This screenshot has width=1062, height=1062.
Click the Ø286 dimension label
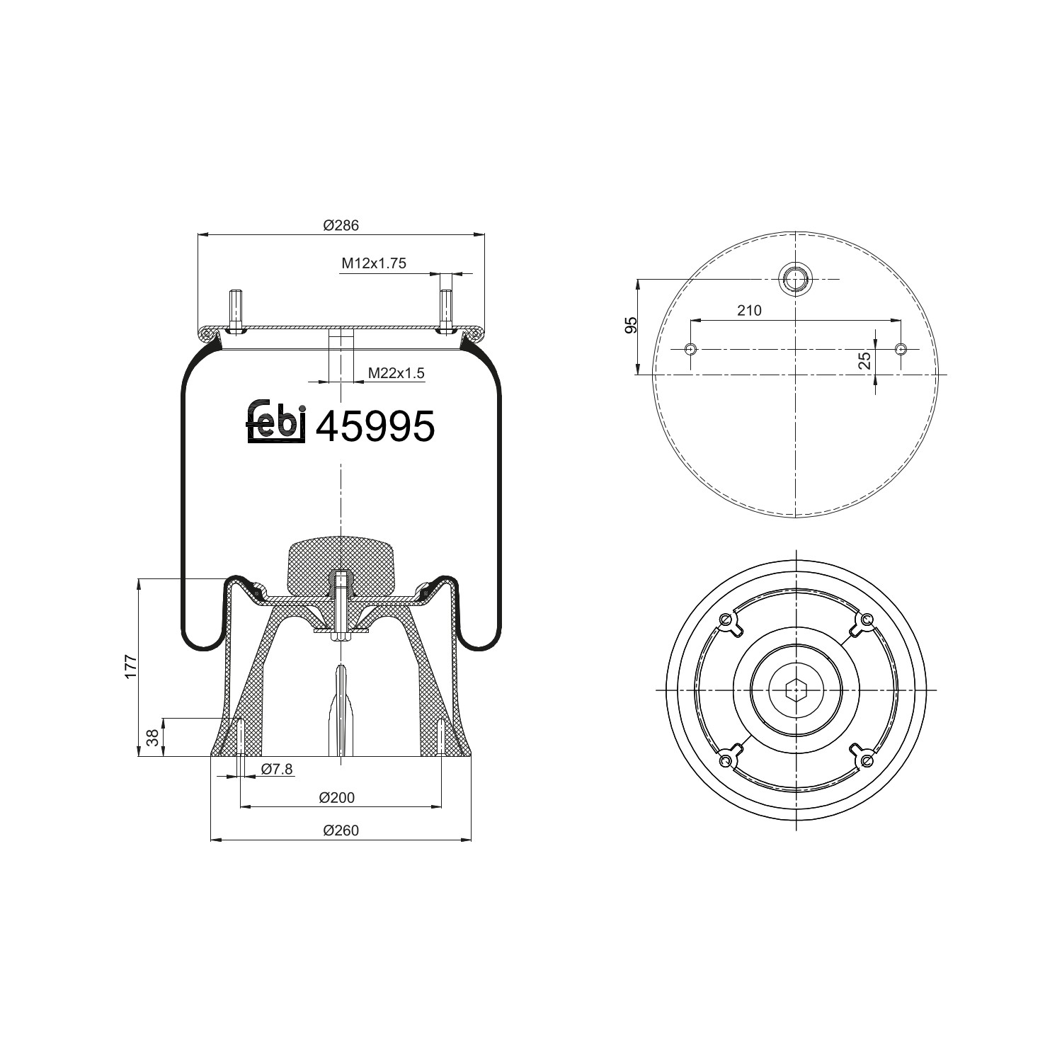[x=341, y=226]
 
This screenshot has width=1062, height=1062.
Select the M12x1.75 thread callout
[x=374, y=263]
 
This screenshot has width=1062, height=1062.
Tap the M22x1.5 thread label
[x=396, y=373]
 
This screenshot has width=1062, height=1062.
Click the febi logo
[x=276, y=423]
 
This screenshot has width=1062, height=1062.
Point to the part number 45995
[x=375, y=427]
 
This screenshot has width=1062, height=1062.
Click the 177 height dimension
[x=131, y=668]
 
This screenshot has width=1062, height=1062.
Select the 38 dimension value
[x=152, y=738]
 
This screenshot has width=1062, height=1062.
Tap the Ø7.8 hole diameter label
[x=277, y=770]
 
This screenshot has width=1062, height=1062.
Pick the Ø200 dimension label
[x=336, y=798]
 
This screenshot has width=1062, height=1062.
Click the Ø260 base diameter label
[x=341, y=830]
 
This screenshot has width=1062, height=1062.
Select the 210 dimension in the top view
[x=749, y=310]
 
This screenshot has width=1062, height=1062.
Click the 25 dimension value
[x=864, y=361]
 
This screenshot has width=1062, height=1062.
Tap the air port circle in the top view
[x=796, y=279]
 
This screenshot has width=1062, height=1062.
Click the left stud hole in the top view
[x=692, y=349]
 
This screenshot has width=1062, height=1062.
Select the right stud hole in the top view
[x=901, y=349]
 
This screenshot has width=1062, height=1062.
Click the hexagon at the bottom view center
[x=796, y=689]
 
